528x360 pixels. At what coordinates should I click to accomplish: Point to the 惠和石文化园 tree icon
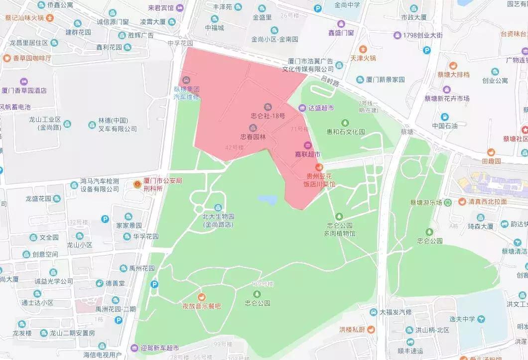click(x=345, y=123)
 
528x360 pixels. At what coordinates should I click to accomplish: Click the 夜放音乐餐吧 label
click(x=201, y=306)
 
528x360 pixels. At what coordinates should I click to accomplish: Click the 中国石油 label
click(x=444, y=126)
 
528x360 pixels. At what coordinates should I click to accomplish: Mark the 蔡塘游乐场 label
click(x=426, y=202)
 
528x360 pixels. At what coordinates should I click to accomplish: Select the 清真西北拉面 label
click(x=487, y=202)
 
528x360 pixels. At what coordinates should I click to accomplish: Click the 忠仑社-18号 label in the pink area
click(x=268, y=116)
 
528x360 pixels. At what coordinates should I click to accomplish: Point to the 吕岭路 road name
click(x=329, y=79)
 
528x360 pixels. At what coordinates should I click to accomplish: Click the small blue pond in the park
click(x=267, y=200)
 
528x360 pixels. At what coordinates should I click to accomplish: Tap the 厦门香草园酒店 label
click(x=24, y=91)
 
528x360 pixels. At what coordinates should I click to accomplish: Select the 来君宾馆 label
click(x=154, y=8)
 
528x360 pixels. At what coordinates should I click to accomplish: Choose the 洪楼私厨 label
click(x=352, y=330)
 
